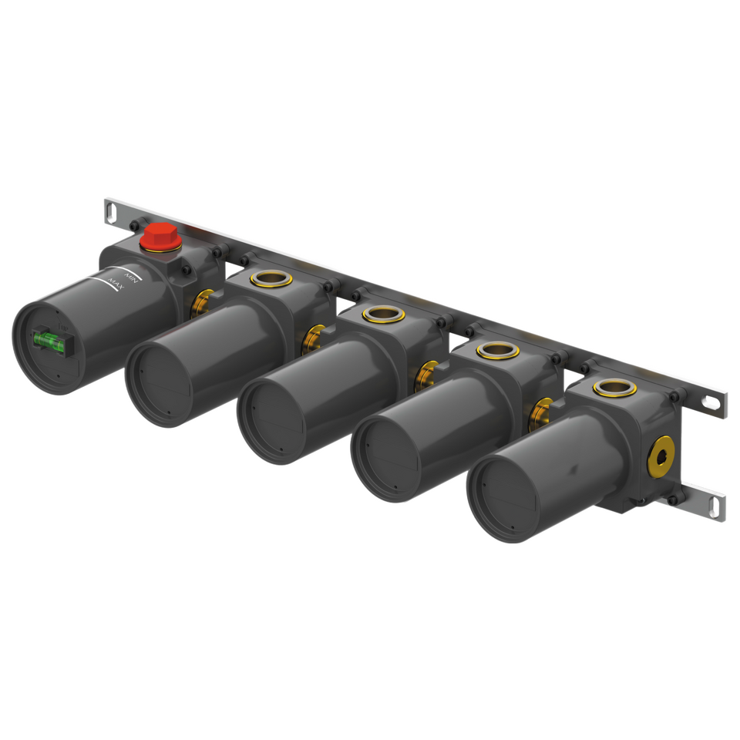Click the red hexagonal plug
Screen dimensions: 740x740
coord(160,237)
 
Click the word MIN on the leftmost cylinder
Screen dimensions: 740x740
coord(131,278)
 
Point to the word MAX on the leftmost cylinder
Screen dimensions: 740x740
coord(116,284)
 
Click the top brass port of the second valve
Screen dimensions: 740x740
coord(271,279)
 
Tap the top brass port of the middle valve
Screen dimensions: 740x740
coord(383,314)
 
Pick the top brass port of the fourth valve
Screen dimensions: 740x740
coord(498,350)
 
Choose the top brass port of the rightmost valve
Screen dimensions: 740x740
coord(615,388)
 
